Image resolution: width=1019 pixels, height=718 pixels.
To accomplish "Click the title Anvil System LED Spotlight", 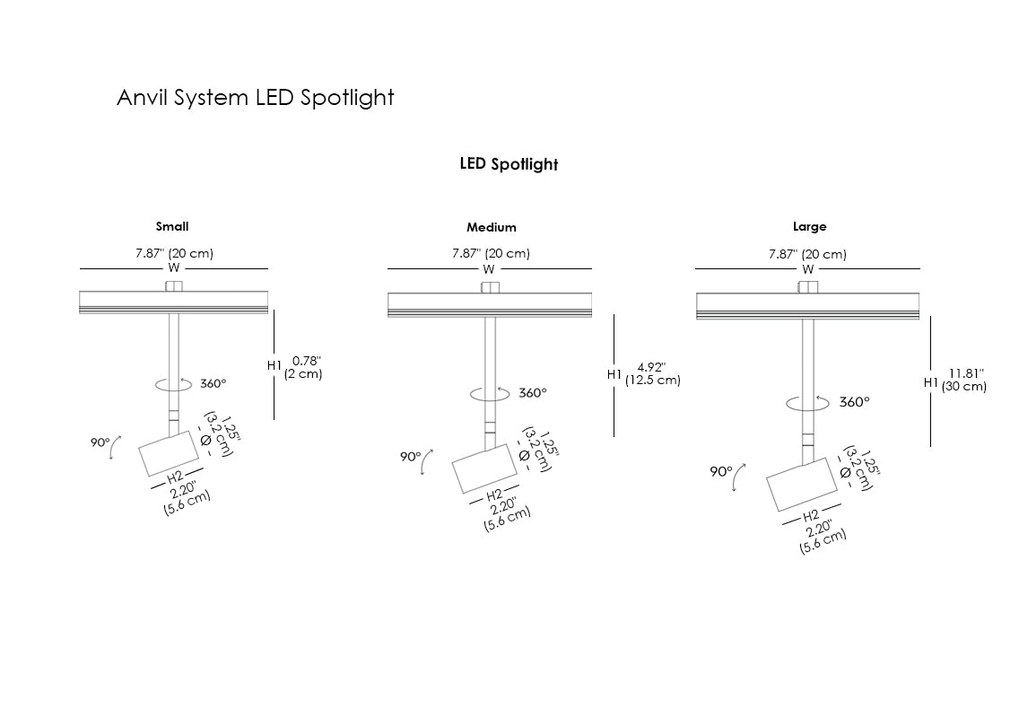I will [255, 97].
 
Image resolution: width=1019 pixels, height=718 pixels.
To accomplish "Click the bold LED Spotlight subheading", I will [509, 164].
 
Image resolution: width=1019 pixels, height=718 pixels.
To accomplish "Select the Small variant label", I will [172, 227].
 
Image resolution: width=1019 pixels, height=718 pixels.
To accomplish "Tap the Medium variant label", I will [491, 228].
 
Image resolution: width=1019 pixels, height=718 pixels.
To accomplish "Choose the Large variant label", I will [809, 227].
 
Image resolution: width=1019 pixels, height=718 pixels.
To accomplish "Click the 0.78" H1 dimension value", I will [307, 361].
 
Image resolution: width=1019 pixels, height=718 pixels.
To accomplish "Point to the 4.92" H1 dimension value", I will [651, 366].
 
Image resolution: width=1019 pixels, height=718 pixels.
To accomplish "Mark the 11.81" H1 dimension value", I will [967, 372].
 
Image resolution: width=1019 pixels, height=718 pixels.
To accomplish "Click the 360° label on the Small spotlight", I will [213, 383].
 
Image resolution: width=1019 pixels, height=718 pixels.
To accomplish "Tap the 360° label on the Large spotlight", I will [854, 402].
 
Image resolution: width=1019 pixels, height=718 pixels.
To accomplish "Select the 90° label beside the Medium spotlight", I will [410, 457].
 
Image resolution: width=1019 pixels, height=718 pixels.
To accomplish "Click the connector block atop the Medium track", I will [490, 288].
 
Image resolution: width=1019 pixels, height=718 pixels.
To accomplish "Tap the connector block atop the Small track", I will [173, 286].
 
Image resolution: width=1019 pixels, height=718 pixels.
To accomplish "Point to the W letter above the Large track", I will [808, 269].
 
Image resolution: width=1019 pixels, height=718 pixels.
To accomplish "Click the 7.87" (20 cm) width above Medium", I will [491, 254].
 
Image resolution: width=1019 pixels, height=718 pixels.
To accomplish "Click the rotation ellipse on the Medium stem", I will [490, 394].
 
